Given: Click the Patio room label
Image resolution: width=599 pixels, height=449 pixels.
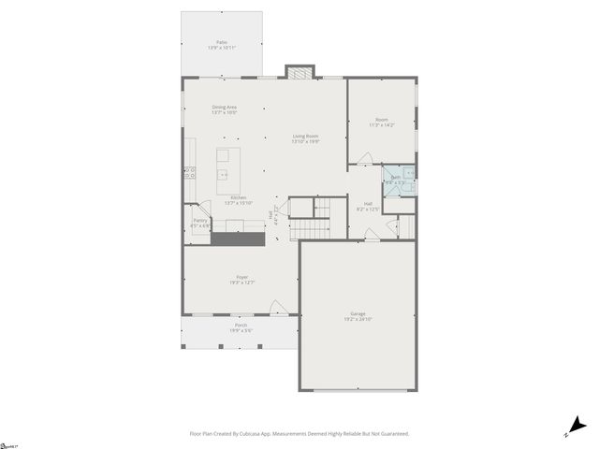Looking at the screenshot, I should [x=222, y=42].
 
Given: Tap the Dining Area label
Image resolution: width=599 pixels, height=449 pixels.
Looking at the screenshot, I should [x=224, y=108].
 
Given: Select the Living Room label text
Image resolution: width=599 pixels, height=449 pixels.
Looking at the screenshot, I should [x=305, y=137].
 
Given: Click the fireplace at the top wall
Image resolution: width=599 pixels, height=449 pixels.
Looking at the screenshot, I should [x=300, y=72].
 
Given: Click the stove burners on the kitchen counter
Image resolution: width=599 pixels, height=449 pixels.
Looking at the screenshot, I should [x=188, y=172].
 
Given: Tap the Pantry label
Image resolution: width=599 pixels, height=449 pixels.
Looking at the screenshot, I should [x=200, y=221].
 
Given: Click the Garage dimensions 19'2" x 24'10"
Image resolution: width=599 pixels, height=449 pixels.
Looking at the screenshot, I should [x=358, y=319].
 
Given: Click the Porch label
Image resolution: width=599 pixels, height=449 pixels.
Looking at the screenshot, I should [x=241, y=325].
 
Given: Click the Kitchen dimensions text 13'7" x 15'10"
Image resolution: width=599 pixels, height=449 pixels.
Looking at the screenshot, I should [x=239, y=203].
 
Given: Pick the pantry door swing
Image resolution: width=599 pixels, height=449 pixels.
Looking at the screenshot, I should [x=189, y=210].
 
